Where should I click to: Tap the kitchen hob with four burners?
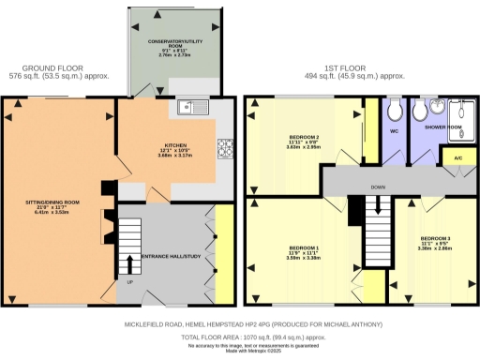[x=226, y=147]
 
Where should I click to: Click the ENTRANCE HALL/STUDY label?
[x=172, y=256]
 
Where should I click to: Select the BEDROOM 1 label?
[x=305, y=250]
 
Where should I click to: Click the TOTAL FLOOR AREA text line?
[x=239, y=335]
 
